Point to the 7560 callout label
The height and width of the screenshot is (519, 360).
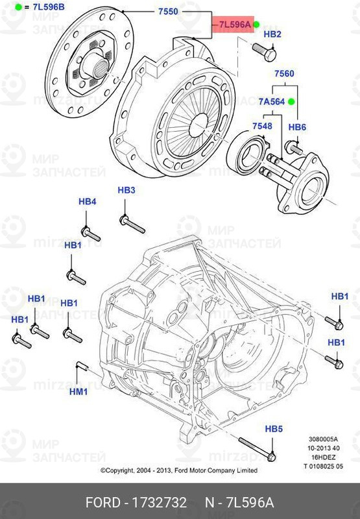click(284, 75)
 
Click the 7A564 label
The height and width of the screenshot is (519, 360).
click(272, 102)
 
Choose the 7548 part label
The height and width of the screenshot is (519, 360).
click(262, 125)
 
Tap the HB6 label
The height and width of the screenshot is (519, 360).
click(297, 127)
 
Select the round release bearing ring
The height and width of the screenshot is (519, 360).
click(247, 152)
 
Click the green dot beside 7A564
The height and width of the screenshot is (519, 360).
click(292, 102)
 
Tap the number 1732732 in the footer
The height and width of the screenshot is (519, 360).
click(160, 503)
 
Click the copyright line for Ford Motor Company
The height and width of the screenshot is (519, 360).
click(178, 470)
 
